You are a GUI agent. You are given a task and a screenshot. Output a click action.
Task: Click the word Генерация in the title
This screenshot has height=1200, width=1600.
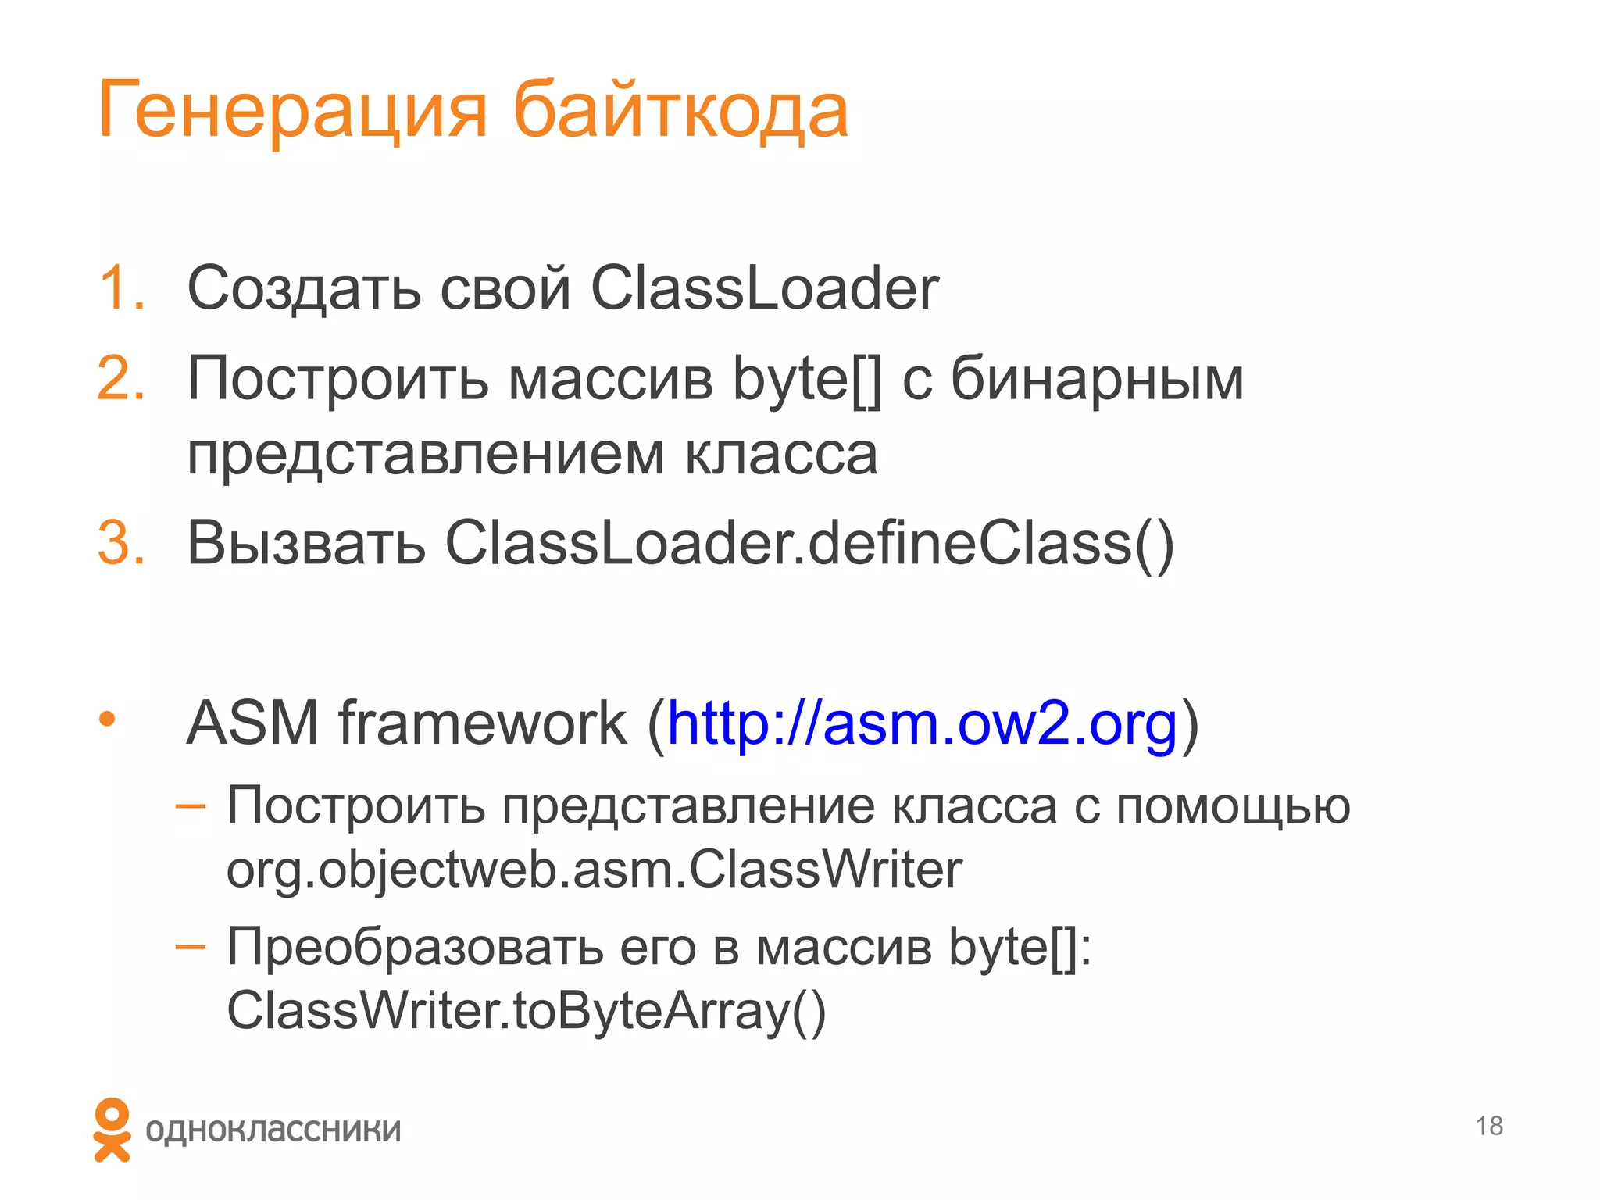(x=292, y=112)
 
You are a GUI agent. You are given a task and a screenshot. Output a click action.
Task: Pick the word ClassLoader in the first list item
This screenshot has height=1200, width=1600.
(x=764, y=288)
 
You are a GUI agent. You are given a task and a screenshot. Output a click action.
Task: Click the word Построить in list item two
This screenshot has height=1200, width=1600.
(x=337, y=379)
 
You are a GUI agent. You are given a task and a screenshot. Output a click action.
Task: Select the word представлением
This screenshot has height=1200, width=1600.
(x=426, y=455)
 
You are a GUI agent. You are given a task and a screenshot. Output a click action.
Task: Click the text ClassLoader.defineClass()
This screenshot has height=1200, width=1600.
(x=809, y=543)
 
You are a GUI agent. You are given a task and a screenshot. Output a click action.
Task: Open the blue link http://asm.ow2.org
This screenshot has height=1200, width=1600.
(x=922, y=723)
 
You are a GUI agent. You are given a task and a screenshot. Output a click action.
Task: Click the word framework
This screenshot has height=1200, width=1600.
(x=482, y=723)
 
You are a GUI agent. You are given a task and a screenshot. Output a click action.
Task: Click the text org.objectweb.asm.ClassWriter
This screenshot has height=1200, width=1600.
(x=594, y=870)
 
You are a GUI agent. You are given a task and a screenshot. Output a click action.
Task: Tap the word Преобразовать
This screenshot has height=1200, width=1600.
(x=414, y=947)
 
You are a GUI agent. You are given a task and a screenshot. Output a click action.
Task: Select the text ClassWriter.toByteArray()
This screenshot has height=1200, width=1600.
(x=526, y=1011)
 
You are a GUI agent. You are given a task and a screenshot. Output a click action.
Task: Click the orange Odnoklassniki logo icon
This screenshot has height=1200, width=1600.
(x=112, y=1130)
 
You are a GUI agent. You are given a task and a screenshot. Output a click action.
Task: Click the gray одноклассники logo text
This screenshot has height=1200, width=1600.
(x=273, y=1130)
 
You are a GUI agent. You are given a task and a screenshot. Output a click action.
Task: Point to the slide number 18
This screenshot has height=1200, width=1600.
(x=1489, y=1126)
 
